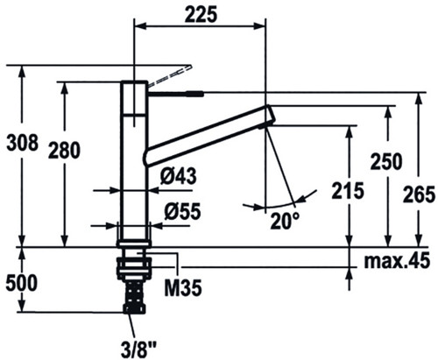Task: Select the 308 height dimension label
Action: (x=23, y=143)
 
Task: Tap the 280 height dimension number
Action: (x=64, y=150)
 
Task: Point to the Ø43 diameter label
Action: (x=178, y=176)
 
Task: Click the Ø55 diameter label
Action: (x=182, y=211)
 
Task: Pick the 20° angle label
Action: (x=280, y=221)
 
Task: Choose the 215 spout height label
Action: (x=348, y=191)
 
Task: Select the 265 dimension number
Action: (x=419, y=194)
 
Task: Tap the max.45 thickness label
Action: (x=397, y=260)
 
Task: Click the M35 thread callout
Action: (x=183, y=287)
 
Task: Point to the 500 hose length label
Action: (x=22, y=283)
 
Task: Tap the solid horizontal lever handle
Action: (x=176, y=94)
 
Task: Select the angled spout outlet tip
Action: (x=270, y=116)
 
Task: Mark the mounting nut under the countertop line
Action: (x=134, y=266)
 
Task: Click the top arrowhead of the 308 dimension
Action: (x=21, y=72)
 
